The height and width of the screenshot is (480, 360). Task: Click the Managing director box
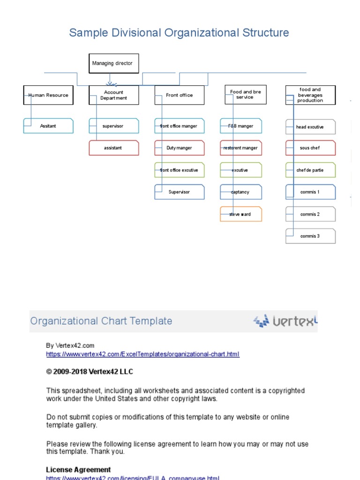pyautogui.click(x=114, y=63)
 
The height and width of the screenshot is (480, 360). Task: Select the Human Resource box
pyautogui.click(x=48, y=95)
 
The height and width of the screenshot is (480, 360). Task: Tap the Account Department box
pyautogui.click(x=114, y=95)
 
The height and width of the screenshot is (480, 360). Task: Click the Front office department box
pyautogui.click(x=180, y=95)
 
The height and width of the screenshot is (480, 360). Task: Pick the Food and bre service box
pyautogui.click(x=245, y=95)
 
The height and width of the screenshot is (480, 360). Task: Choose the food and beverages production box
pyautogui.click(x=310, y=95)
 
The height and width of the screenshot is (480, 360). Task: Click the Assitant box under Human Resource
pyautogui.click(x=48, y=126)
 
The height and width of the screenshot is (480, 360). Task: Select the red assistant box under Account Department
pyautogui.click(x=114, y=148)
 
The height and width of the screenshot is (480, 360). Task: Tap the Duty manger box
pyautogui.click(x=180, y=148)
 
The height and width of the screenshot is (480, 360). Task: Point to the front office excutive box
pyautogui.click(x=180, y=170)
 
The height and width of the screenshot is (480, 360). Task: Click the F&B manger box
pyautogui.click(x=241, y=126)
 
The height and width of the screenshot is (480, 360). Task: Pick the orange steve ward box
pyautogui.click(x=241, y=214)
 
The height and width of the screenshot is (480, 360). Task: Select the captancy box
pyautogui.click(x=241, y=192)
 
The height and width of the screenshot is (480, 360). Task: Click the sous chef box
pyautogui.click(x=310, y=148)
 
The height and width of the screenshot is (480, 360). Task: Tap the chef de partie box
pyautogui.click(x=310, y=170)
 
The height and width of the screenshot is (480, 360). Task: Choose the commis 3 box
pyautogui.click(x=310, y=236)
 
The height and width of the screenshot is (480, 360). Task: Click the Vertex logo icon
pyautogui.click(x=261, y=321)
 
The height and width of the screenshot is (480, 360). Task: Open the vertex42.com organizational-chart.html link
pyautogui.click(x=142, y=354)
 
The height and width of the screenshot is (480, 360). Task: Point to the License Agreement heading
pyautogui.click(x=78, y=470)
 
